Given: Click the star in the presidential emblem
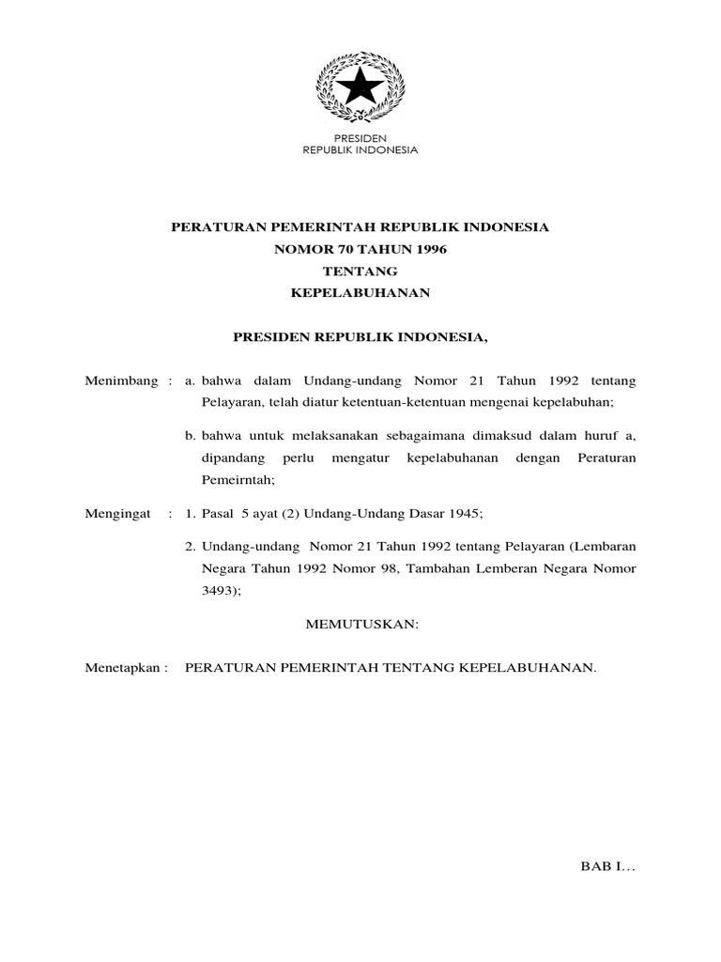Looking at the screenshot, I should pos(360,89).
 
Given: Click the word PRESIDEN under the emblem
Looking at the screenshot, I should pos(360,137).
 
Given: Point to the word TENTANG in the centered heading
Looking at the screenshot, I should pos(360,271).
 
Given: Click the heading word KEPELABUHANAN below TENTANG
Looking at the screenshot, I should pos(360,293).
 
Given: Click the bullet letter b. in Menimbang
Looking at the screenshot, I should pos(190,434).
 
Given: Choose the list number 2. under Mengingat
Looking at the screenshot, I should pos(190,546).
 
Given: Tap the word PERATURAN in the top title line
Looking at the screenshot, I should pos(215,227).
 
